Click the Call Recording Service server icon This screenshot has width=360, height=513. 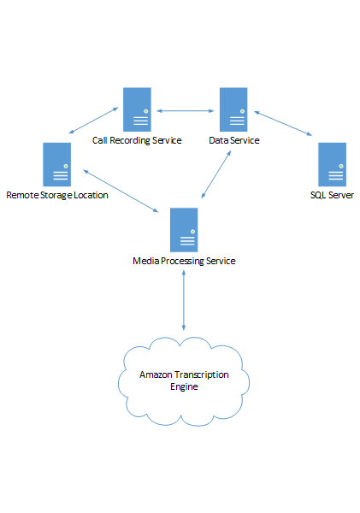coord(137,109)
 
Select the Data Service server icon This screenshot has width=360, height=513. coord(233,109)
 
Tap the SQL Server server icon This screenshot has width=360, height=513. coord(332,164)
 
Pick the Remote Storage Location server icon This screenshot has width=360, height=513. coord(57,164)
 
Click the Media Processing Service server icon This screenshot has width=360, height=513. coord(184,230)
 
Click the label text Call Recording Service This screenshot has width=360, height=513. coord(137,140)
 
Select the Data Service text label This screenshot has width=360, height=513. coord(234,140)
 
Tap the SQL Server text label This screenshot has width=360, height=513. coord(332,195)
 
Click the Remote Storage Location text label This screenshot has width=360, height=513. coord(57,195)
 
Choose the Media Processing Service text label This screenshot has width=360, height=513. coord(184,261)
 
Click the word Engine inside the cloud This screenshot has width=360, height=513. coord(184,386)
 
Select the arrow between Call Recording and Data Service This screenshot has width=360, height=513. coord(186,111)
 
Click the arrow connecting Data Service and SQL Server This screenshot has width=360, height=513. coord(283,123)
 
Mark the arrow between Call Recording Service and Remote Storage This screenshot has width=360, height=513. coord(93,121)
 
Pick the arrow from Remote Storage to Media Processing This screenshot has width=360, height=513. coord(121,191)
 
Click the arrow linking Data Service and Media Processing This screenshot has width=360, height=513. coord(216,174)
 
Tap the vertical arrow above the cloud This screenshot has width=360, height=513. coord(184,300)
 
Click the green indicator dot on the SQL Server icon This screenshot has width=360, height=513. coord(341,166)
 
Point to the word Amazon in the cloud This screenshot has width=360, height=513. coord(156,374)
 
